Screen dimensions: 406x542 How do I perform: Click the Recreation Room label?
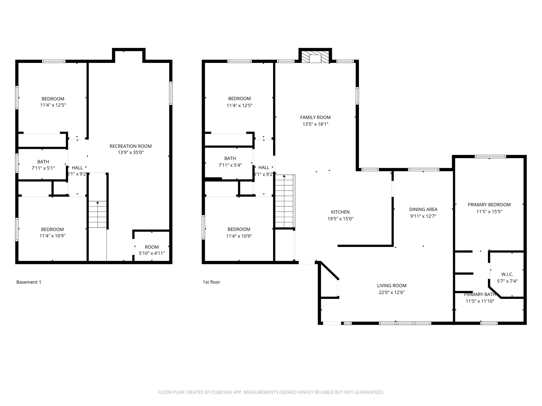pos(130,146)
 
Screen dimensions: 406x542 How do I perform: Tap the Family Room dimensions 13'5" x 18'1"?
pos(315,124)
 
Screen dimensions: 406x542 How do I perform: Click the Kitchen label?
pos(340,212)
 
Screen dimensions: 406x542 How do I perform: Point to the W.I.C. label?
pos(507,274)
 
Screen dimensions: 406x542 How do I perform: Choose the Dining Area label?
pos(423,209)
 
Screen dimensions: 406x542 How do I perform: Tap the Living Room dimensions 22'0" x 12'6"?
pos(391,292)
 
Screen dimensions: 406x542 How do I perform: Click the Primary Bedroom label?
pos(489,205)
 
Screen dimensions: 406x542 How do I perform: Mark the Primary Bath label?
pos(480,294)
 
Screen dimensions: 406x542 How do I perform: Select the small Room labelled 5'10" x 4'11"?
pos(152,250)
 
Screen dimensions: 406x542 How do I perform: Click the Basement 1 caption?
pos(29,282)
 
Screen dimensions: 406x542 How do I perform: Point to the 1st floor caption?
pos(211,282)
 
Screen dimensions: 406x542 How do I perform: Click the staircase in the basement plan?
pos(98,214)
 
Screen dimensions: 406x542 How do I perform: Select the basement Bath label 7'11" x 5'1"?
pos(43,165)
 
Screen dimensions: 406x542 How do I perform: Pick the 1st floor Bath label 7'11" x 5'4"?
pos(230,162)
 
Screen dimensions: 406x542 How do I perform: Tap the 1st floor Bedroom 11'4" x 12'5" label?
pos(239,102)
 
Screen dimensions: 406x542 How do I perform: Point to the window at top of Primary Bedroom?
pos(490,156)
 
